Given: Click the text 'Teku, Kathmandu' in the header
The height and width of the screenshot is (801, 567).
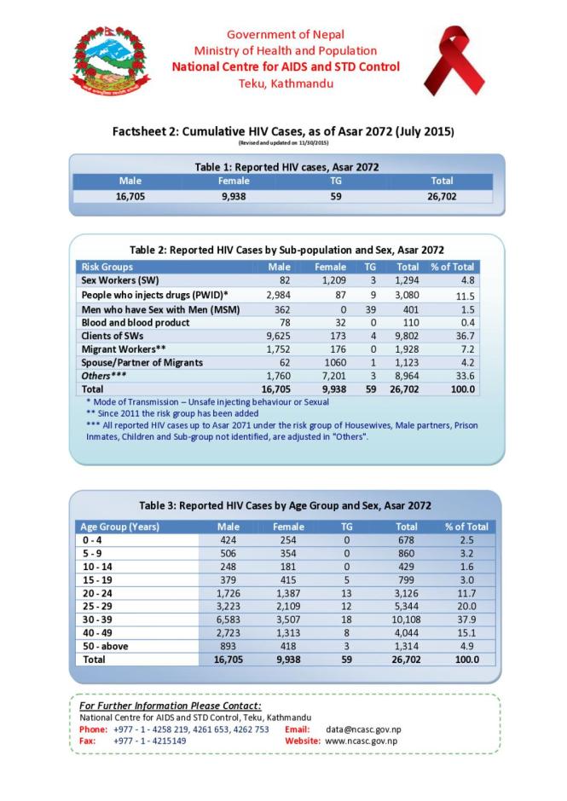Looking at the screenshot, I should point(285,84).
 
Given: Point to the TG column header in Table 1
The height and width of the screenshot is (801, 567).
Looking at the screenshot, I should point(335,181).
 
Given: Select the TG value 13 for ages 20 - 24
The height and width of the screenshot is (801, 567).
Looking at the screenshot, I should point(345,581).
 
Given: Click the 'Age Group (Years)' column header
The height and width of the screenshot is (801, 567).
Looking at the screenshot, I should point(120,527).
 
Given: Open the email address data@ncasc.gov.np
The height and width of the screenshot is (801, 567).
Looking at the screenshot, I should point(367,729).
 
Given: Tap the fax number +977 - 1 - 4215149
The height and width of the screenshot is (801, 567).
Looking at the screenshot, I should point(149,741).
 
